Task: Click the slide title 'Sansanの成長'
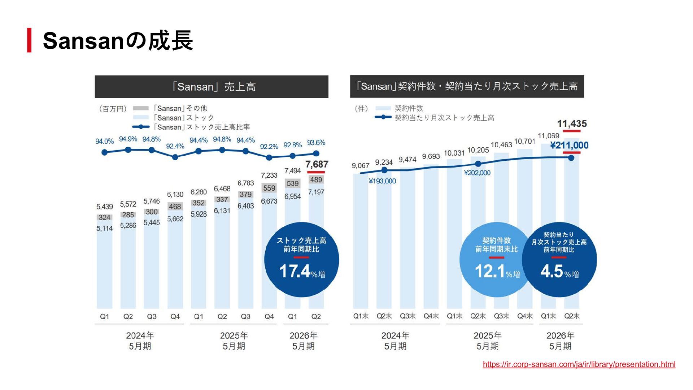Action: coord(118,40)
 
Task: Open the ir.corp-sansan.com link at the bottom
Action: coord(579,364)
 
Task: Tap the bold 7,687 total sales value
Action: coord(317,165)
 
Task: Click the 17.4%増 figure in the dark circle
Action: coord(302,272)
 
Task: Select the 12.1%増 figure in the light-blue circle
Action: coord(497,272)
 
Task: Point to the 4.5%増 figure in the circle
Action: coord(559,272)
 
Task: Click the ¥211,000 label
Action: coord(569,146)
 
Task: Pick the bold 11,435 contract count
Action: coord(572,124)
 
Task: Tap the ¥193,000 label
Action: coord(382,181)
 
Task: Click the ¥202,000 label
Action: coord(477,173)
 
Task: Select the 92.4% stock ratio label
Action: coord(175,146)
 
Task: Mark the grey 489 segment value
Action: coord(316,180)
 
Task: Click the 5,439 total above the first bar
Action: coord(104,207)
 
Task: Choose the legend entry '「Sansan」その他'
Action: coord(179,108)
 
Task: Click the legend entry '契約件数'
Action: coord(409,108)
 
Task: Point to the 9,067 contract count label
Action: coord(361,166)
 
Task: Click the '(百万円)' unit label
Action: coord(113,109)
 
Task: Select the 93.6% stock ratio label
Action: coord(316,143)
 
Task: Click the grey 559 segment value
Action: coord(269,188)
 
